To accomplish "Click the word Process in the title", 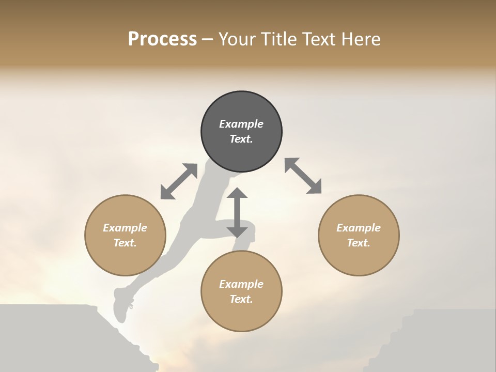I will click(162, 39).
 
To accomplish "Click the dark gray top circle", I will click(241, 131).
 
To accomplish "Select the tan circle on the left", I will click(125, 235).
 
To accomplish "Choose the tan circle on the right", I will click(359, 235).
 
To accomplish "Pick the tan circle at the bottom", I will click(241, 291).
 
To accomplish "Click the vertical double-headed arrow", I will click(237, 213).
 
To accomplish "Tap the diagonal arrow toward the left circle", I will click(179, 181).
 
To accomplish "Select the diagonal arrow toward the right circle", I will click(303, 176).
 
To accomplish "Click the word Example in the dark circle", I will click(241, 124).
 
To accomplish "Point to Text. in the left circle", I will click(125, 243).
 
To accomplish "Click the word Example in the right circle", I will click(359, 228).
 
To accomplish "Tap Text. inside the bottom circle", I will click(241, 299).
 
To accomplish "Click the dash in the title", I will click(208, 39).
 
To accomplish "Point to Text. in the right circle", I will click(359, 243).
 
